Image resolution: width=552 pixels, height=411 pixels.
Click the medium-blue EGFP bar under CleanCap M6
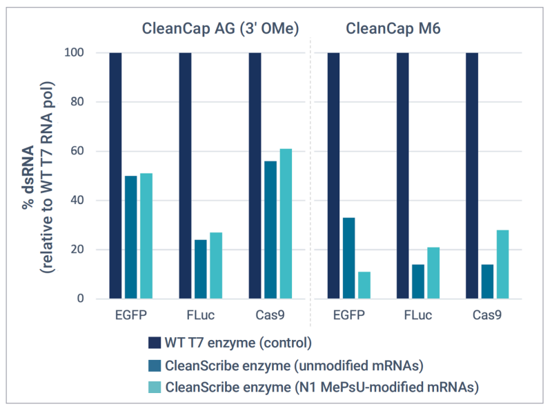point(348,258)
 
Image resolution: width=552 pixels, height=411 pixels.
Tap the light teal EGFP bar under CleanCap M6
point(364,285)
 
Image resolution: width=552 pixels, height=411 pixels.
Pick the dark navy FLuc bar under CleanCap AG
point(185,175)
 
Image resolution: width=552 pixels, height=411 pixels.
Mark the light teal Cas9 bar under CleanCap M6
point(502,264)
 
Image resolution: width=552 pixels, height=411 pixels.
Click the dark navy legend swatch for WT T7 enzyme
point(156,343)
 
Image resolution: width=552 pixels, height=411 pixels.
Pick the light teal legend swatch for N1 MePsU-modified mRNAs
point(156,388)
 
